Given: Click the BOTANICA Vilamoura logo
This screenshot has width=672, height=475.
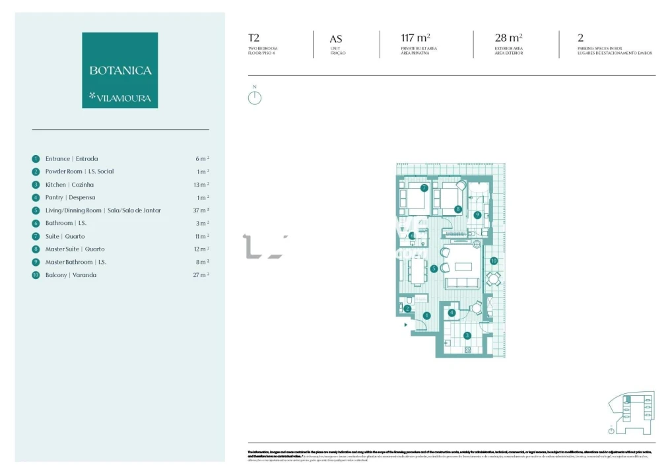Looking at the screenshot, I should pyautogui.click(x=119, y=70).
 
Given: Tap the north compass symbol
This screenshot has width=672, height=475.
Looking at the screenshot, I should pyautogui.click(x=254, y=97).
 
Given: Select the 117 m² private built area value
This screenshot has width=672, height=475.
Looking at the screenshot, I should pyautogui.click(x=415, y=38).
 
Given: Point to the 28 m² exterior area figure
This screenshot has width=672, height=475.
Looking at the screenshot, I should pyautogui.click(x=509, y=38).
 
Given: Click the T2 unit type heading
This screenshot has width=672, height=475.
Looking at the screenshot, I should pyautogui.click(x=254, y=38).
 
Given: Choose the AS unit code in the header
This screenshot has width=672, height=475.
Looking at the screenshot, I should pyautogui.click(x=336, y=39).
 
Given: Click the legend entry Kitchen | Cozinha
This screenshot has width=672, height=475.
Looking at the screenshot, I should pyautogui.click(x=69, y=185).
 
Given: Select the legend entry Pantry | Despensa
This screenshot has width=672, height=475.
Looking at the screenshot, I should pyautogui.click(x=70, y=197).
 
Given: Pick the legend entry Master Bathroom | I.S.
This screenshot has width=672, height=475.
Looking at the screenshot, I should pyautogui.click(x=76, y=262).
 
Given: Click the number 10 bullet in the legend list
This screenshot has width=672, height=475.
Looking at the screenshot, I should pyautogui.click(x=36, y=275).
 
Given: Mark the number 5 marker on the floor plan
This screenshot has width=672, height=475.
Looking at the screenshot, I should pyautogui.click(x=434, y=269).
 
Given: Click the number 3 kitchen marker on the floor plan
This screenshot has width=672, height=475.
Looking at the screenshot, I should pyautogui.click(x=467, y=335).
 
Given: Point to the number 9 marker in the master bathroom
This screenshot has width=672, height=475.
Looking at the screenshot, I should pyautogui.click(x=477, y=214).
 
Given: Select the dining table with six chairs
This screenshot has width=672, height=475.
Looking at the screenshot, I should pyautogui.click(x=417, y=269).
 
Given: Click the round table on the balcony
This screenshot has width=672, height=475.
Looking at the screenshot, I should pyautogui.click(x=494, y=279).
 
